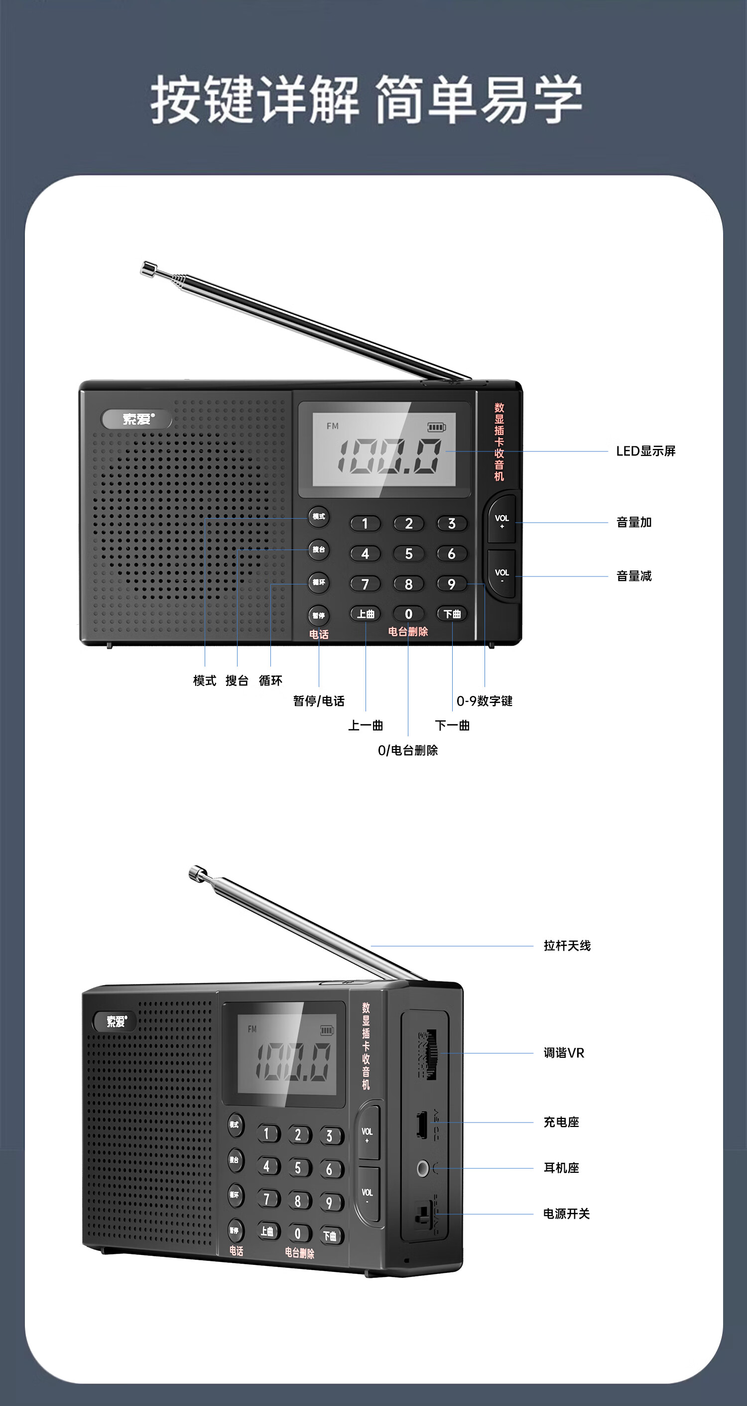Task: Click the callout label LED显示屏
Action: pyautogui.click(x=645, y=451)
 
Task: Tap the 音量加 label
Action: pyautogui.click(x=633, y=522)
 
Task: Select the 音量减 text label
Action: pyautogui.click(x=633, y=576)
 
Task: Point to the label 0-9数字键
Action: pyautogui.click(x=484, y=701)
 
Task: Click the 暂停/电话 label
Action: pyautogui.click(x=319, y=701)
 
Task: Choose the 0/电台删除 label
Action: pyautogui.click(x=407, y=750)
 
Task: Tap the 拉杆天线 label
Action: pyautogui.click(x=566, y=946)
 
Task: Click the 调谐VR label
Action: pyautogui.click(x=563, y=1053)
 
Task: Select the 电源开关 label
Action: pyautogui.click(x=566, y=1214)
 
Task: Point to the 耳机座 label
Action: pyautogui.click(x=561, y=1168)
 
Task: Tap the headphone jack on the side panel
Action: pyautogui.click(x=422, y=1168)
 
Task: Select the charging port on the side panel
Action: pyautogui.click(x=421, y=1124)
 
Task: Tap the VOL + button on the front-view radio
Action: pyautogui.click(x=501, y=520)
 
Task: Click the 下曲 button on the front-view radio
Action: pyautogui.click(x=452, y=614)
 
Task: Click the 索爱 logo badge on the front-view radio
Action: pyautogui.click(x=137, y=419)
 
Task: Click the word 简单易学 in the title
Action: pyautogui.click(x=479, y=100)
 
